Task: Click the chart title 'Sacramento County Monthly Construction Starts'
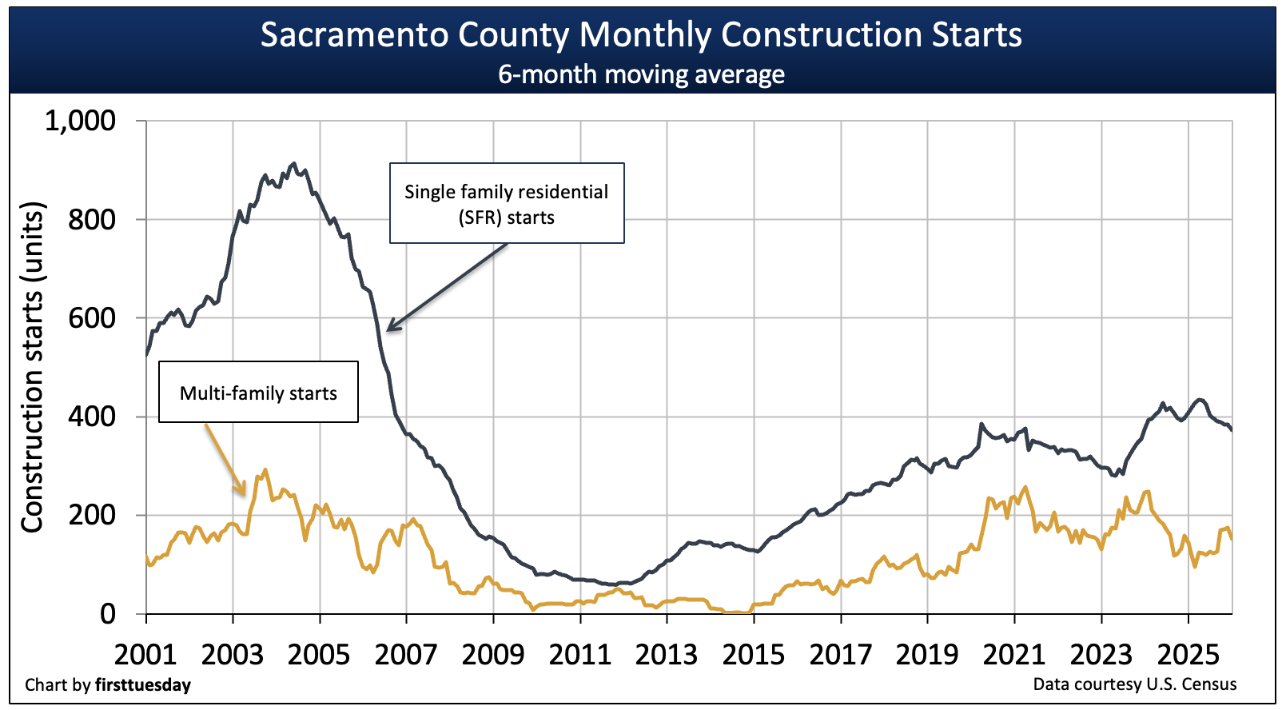click(641, 35)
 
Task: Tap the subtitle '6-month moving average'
click(641, 74)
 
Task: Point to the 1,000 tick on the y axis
click(80, 121)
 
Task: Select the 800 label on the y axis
click(92, 220)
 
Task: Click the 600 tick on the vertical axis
click(92, 318)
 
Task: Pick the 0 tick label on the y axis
click(108, 614)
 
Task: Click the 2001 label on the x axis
click(145, 655)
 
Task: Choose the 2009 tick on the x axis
click(493, 655)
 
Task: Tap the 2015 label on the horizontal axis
click(754, 655)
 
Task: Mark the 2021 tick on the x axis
click(1014, 655)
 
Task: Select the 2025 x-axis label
click(1188, 655)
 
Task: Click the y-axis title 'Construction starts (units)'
click(33, 367)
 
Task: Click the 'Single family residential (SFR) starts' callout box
click(507, 204)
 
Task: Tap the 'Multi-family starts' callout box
click(258, 393)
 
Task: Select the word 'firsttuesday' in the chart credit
click(143, 684)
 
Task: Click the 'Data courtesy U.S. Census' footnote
click(1134, 684)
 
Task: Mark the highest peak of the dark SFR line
click(293, 163)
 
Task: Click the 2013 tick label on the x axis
click(667, 655)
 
